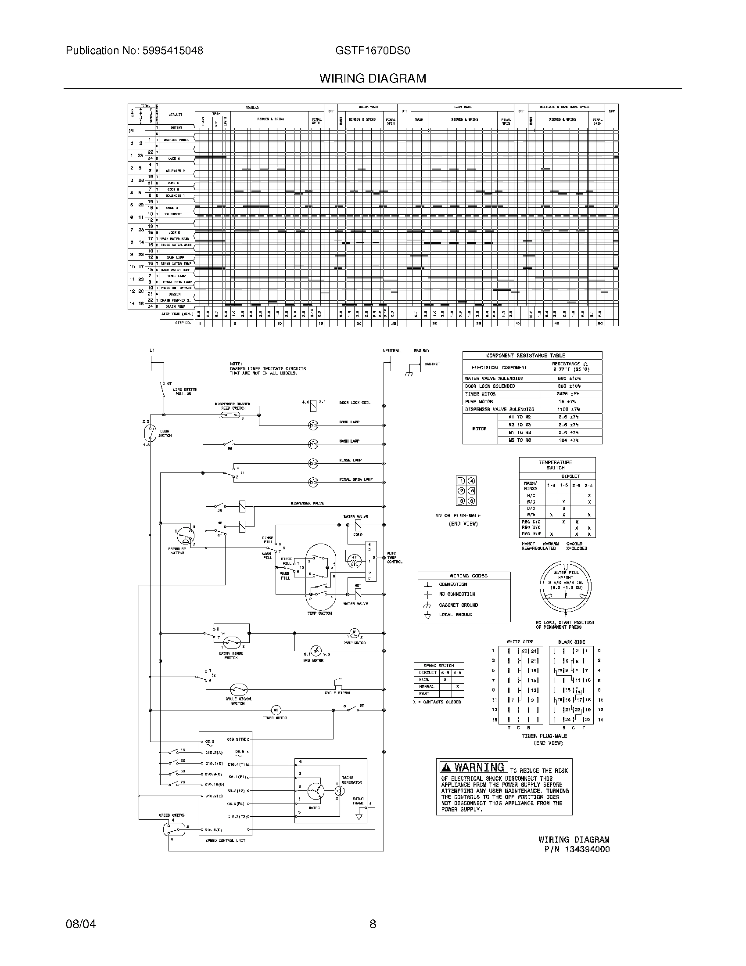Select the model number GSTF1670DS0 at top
tap(373, 51)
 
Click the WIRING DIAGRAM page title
tap(373, 79)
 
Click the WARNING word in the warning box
tap(479, 768)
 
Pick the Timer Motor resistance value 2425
tap(570, 394)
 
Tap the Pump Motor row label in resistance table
tap(479, 402)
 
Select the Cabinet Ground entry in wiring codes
tap(458, 605)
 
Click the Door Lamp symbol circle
tap(313, 425)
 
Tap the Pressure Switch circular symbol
tap(185, 537)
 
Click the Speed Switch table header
tap(438, 665)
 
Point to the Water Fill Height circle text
tap(565, 580)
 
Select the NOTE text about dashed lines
tap(267, 368)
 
